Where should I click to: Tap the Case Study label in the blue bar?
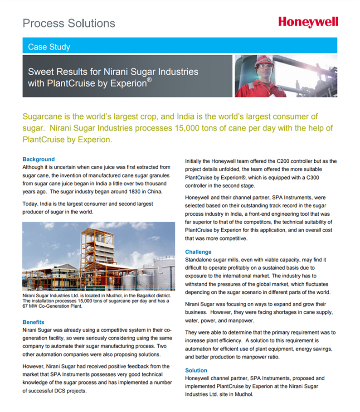click(49, 47)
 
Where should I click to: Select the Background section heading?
click(39, 160)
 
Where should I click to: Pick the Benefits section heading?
click(34, 322)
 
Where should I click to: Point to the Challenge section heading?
click(198, 252)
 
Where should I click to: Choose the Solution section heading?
click(196, 370)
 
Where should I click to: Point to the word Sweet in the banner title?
click(39, 72)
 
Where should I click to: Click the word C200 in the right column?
click(285, 161)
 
